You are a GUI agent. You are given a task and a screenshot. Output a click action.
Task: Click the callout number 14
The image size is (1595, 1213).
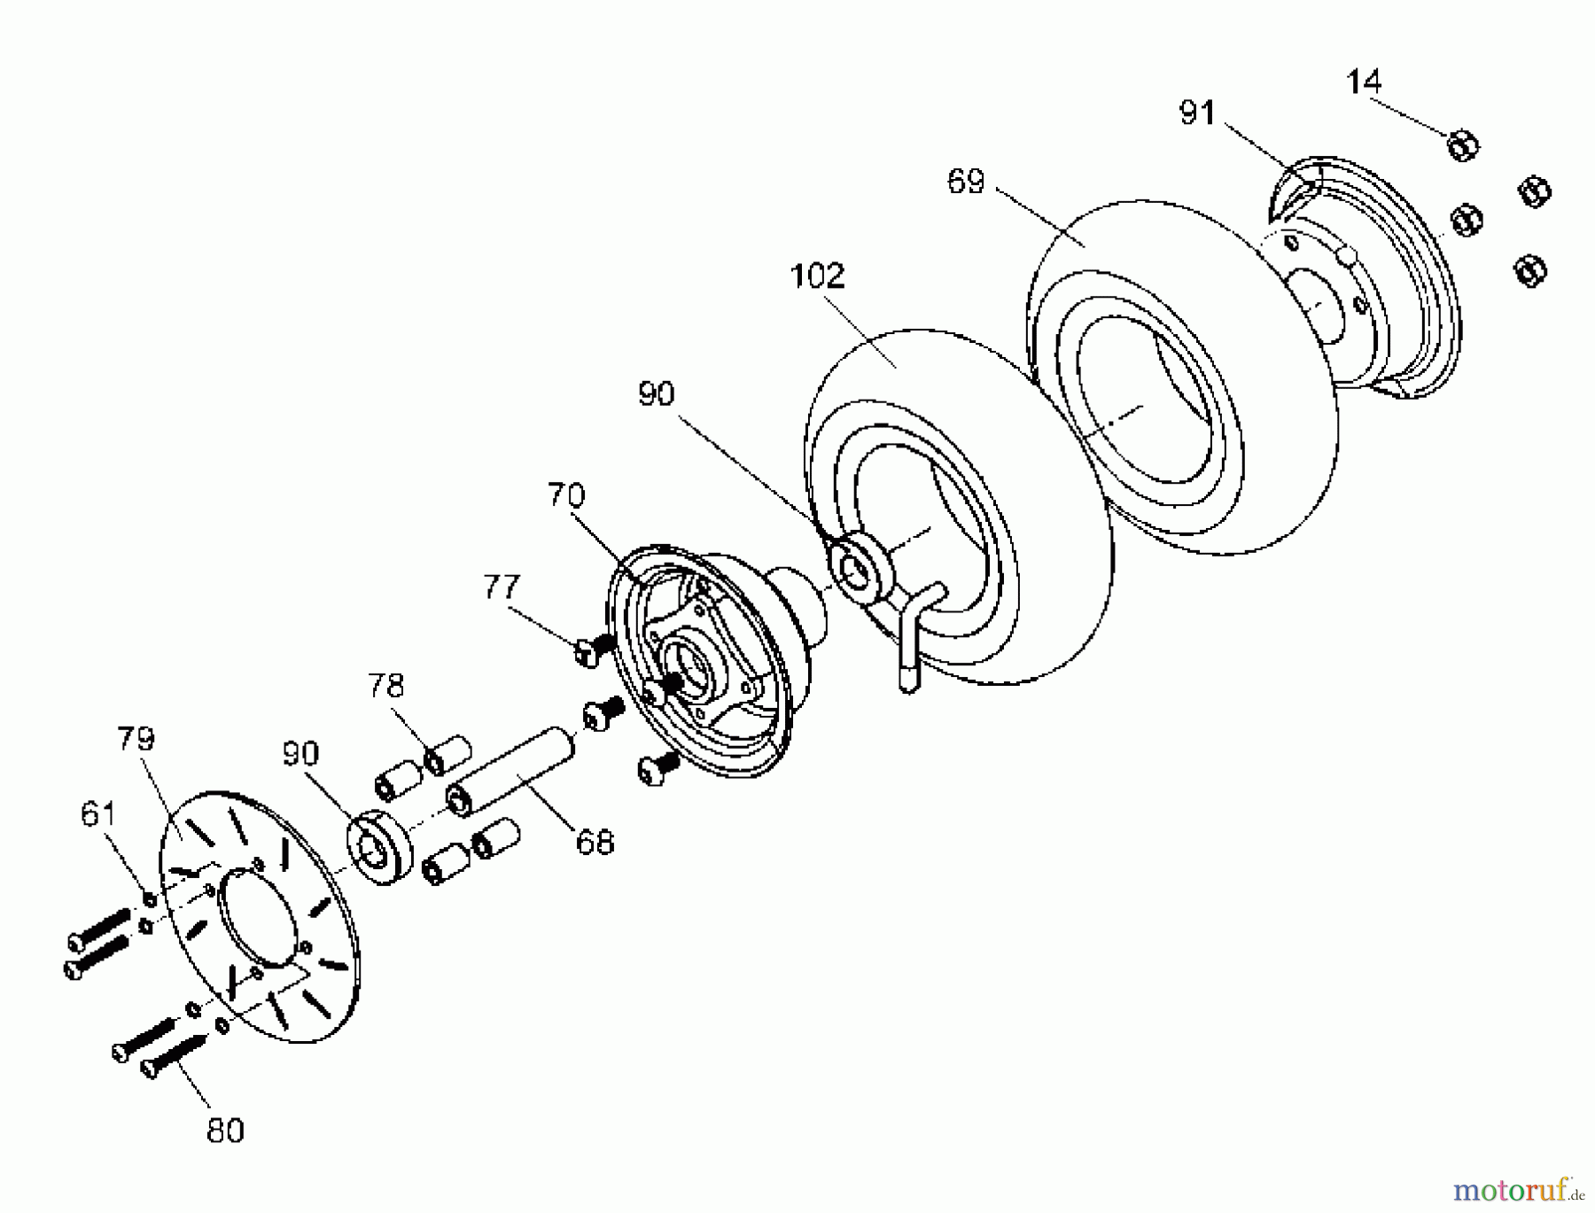coord(1363,82)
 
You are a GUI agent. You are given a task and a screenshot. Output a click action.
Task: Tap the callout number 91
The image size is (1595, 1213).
coord(1197,113)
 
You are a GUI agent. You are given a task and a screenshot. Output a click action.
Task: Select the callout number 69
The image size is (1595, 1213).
coord(966,182)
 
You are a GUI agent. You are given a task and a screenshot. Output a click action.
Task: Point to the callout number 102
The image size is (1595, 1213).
coord(817,276)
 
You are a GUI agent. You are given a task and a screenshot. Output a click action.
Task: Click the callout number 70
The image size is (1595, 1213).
coord(566,494)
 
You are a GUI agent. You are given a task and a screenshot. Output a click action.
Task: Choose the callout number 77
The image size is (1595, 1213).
coord(502,587)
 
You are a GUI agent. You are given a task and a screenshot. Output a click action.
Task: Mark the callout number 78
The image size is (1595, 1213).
coord(386,685)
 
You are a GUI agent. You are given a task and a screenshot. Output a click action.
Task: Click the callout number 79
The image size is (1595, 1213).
coord(136,738)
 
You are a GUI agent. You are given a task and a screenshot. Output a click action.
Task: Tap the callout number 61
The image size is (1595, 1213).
coord(98,813)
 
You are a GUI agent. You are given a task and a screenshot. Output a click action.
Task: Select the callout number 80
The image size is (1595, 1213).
coord(225,1131)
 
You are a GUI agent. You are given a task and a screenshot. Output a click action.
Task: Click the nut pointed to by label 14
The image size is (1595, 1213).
coord(1462,145)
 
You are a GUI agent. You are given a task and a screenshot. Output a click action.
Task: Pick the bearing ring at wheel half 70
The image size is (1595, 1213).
coord(858,568)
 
